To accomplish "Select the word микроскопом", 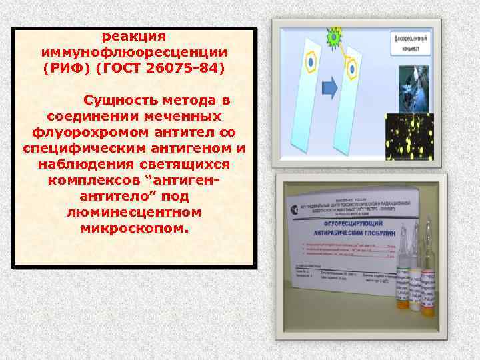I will [x=133, y=229].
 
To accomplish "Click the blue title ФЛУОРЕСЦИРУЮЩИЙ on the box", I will [x=347, y=225].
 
